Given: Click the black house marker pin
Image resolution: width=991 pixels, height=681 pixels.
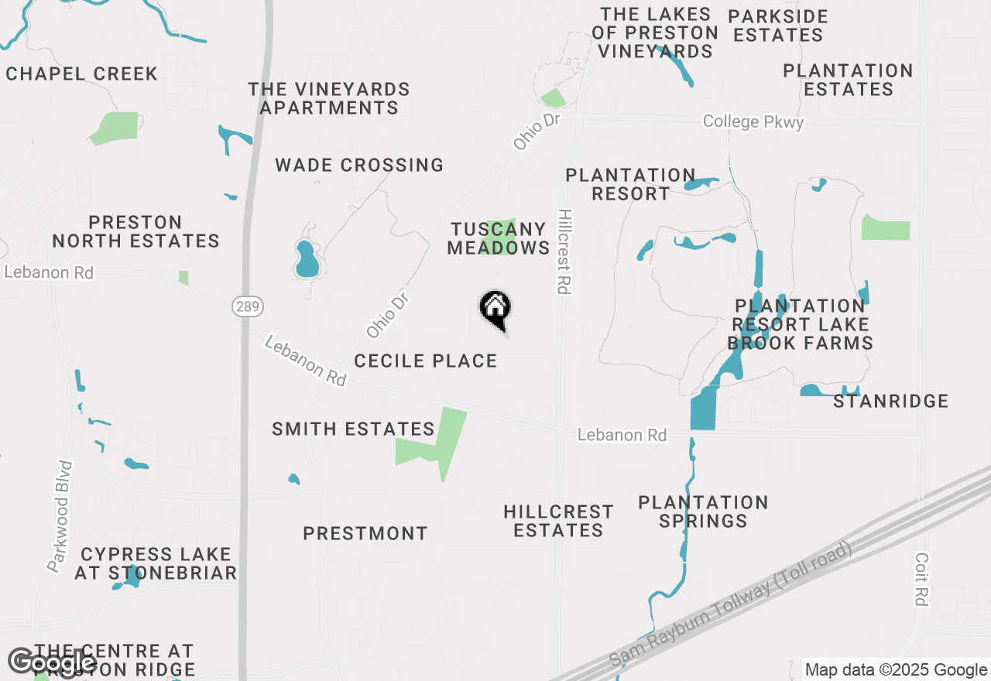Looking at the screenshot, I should pos(495,310).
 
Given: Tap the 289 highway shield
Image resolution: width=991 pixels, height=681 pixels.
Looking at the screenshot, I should pos(247,306).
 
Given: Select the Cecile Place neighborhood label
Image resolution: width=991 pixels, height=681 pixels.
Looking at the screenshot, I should pos(425,361).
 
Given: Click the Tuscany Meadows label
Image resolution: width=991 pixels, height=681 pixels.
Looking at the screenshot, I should pos(498,238).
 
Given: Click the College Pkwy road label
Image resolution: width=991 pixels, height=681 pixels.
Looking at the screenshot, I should pos(753,122).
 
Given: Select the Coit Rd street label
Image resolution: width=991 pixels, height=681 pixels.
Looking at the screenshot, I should pos(921,579).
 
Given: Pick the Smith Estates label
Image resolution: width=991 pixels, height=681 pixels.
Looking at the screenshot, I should pos(353,429).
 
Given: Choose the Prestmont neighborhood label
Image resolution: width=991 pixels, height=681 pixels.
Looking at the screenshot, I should pos(365,533).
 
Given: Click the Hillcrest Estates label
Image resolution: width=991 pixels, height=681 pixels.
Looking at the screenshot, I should pos(558,521).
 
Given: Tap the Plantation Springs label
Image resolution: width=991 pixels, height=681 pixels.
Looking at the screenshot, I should pos(703,512).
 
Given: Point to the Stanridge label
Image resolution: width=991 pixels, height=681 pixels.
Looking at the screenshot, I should pos(890,401).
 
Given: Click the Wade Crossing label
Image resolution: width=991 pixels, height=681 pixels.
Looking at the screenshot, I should pos(359,165).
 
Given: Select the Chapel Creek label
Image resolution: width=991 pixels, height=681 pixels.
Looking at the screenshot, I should pos(81,74).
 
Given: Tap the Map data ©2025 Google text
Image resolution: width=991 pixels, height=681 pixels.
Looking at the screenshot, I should pos(896,670).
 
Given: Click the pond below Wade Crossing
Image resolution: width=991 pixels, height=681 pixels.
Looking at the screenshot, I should pos(307,261).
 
